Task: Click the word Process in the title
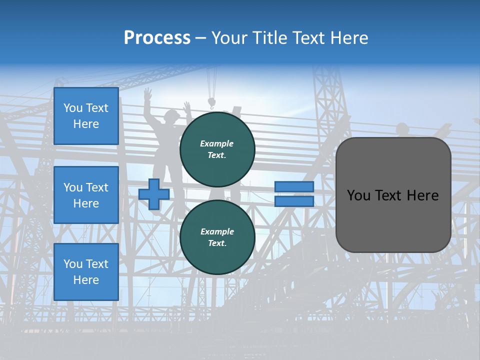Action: (157, 38)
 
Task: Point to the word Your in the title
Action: (229, 38)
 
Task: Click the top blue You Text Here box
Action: (86, 116)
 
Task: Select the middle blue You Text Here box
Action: (86, 195)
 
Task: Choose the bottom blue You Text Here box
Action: (86, 272)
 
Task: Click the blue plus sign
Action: (154, 194)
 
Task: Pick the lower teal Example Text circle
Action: (217, 237)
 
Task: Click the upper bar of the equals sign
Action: (294, 187)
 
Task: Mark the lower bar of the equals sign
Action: (294, 201)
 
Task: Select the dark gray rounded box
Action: (393, 195)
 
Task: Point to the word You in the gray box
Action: (358, 195)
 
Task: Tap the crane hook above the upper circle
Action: (211, 103)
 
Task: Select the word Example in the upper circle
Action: (217, 143)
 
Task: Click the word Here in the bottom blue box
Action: (86, 280)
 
